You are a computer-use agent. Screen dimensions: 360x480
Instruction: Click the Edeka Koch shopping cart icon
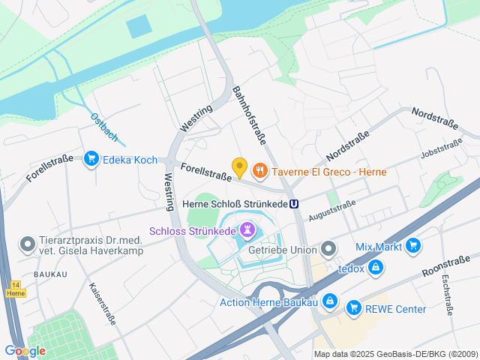click(91, 159)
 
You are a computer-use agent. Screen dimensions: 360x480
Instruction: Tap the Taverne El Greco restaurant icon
click(260, 171)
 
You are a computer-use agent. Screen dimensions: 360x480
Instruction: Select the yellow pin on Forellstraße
click(239, 167)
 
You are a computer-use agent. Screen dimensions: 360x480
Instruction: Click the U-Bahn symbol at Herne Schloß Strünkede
click(295, 203)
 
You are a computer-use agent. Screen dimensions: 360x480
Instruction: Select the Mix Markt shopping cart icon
click(412, 246)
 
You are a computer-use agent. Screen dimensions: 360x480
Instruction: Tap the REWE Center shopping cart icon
click(352, 308)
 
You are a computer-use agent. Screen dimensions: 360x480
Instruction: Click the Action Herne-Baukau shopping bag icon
click(331, 302)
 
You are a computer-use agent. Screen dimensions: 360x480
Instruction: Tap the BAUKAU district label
click(49, 274)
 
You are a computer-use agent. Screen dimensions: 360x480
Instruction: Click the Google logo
click(25, 350)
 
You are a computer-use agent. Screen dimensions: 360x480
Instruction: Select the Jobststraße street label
click(441, 149)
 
